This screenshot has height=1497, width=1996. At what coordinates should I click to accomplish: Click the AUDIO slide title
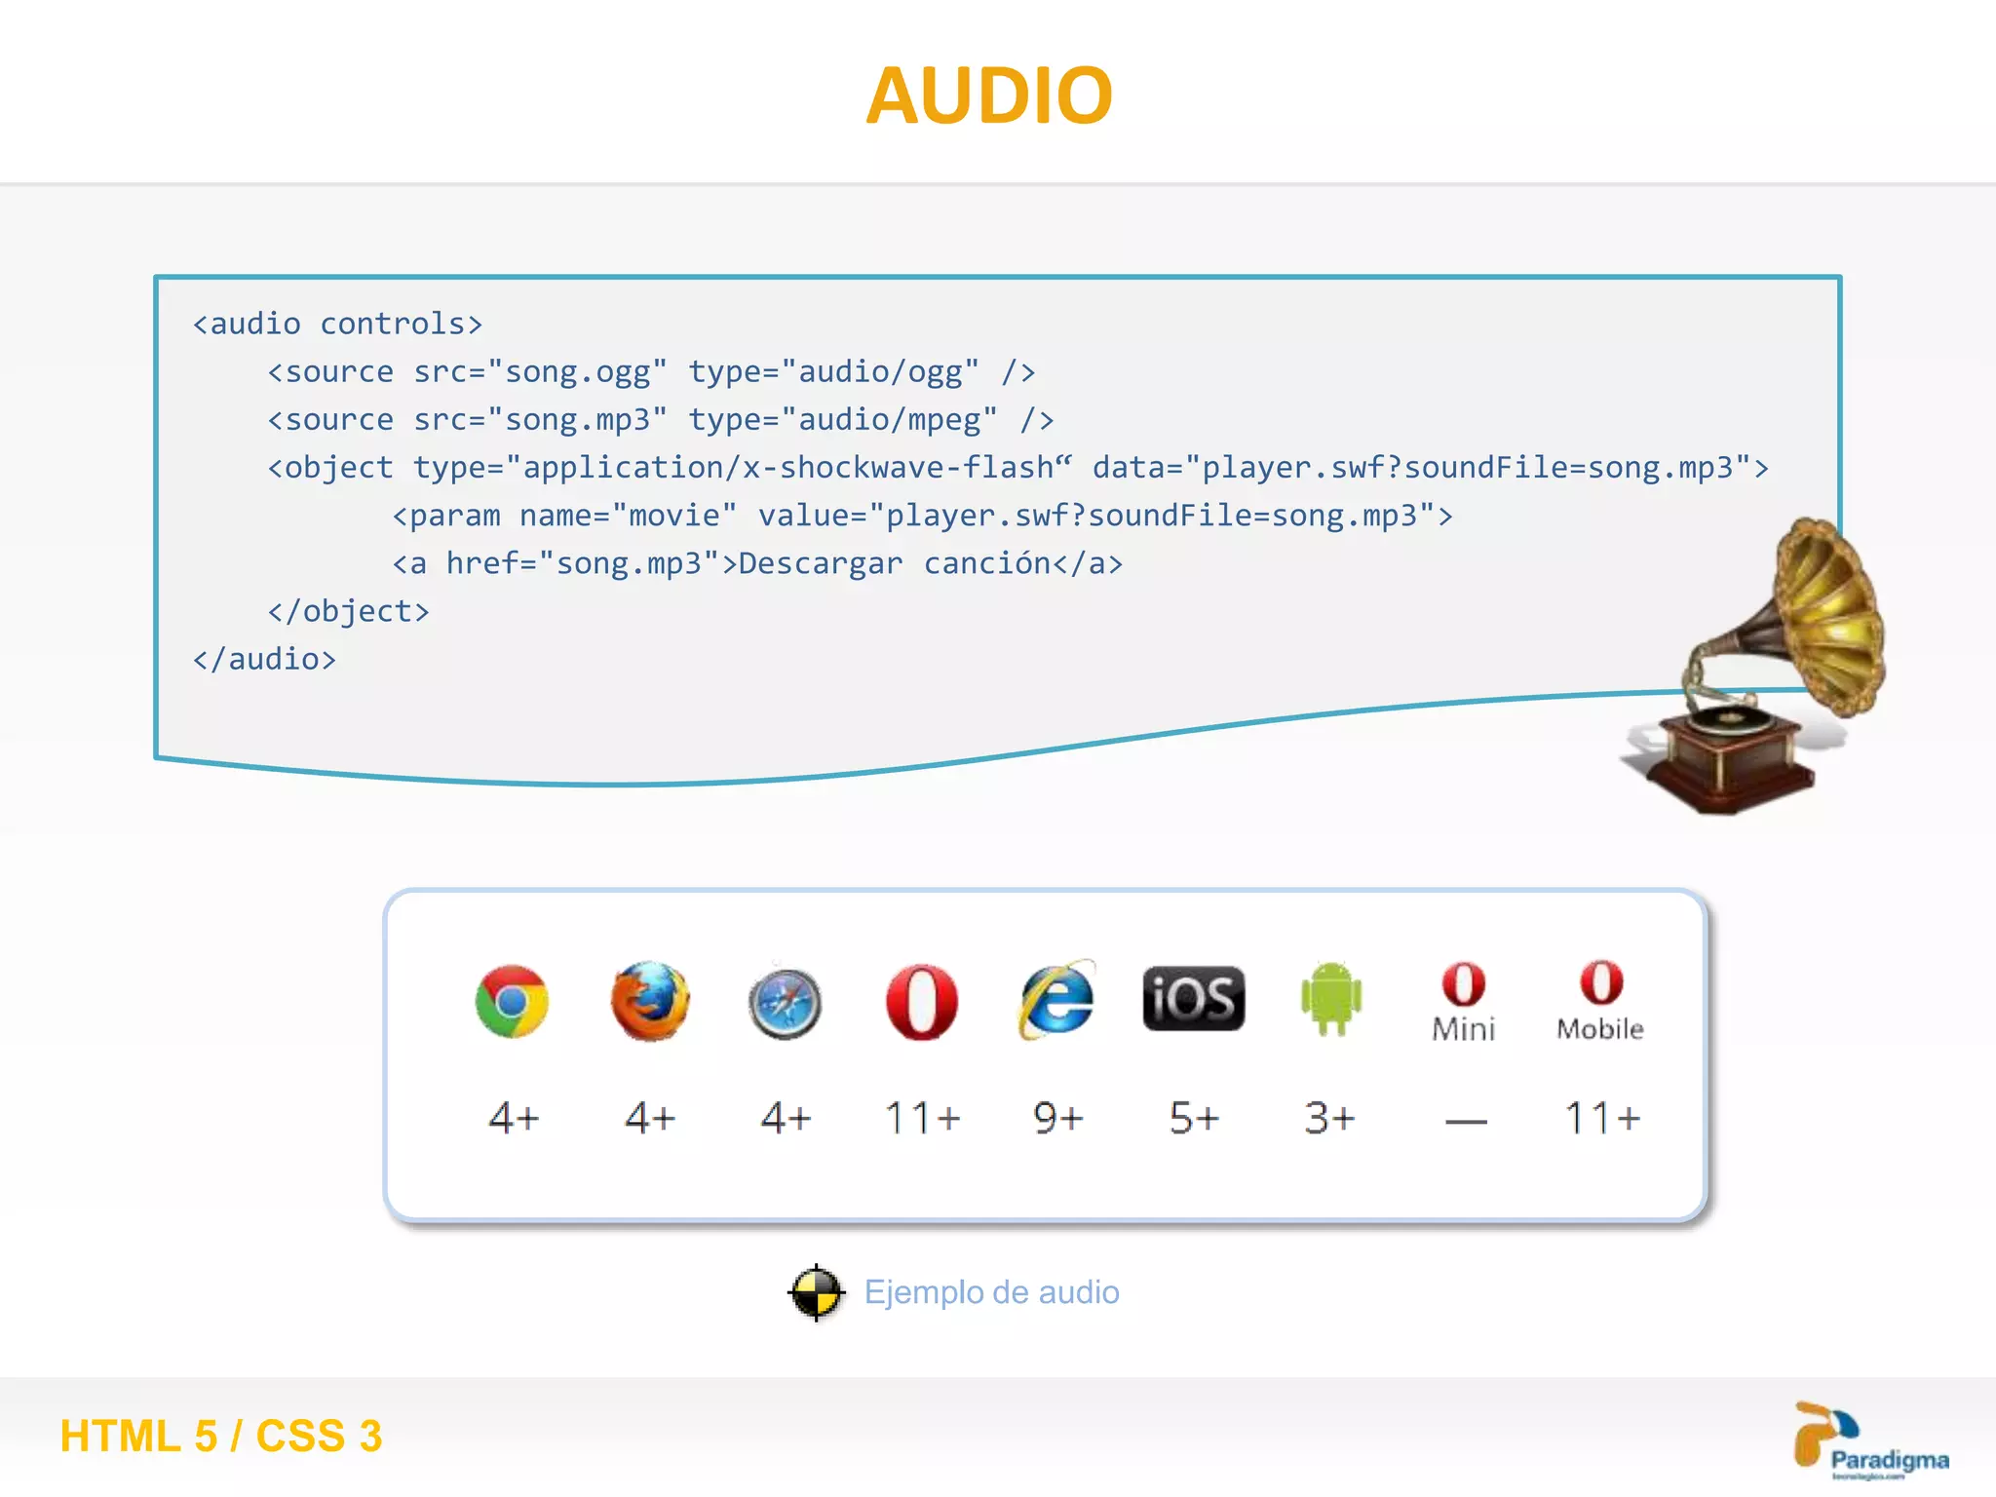pyautogui.click(x=989, y=96)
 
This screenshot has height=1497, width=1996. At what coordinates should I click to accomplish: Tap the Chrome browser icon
pyautogui.click(x=512, y=1001)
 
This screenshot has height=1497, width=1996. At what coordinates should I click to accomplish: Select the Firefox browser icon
pyautogui.click(x=649, y=1001)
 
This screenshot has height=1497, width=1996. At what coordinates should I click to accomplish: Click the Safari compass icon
pyautogui.click(x=785, y=1003)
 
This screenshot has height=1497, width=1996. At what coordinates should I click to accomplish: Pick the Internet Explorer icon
pyautogui.click(x=1057, y=1000)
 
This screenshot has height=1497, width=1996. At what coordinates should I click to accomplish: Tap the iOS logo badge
pyautogui.click(x=1193, y=999)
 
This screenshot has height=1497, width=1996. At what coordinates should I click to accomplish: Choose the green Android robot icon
pyautogui.click(x=1330, y=998)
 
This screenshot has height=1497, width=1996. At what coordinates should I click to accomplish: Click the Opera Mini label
pyautogui.click(x=1463, y=1028)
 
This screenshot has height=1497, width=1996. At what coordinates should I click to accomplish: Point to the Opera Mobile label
pyautogui.click(x=1599, y=1028)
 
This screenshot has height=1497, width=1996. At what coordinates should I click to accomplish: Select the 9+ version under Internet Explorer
pyautogui.click(x=1057, y=1118)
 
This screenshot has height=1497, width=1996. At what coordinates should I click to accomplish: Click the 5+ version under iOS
pyautogui.click(x=1194, y=1118)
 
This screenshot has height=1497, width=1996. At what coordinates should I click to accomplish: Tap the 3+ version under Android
pyautogui.click(x=1329, y=1118)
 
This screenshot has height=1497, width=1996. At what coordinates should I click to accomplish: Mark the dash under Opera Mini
pyautogui.click(x=1466, y=1122)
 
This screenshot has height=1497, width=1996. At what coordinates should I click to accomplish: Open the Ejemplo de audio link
pyautogui.click(x=991, y=1292)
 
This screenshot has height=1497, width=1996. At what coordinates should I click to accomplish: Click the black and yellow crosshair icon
pyautogui.click(x=816, y=1292)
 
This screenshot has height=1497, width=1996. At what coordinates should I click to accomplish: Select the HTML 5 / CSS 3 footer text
pyautogui.click(x=221, y=1436)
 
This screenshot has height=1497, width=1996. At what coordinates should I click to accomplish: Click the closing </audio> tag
pyautogui.click(x=264, y=660)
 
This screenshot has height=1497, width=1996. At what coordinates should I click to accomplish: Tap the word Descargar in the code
pyautogui.click(x=820, y=564)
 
